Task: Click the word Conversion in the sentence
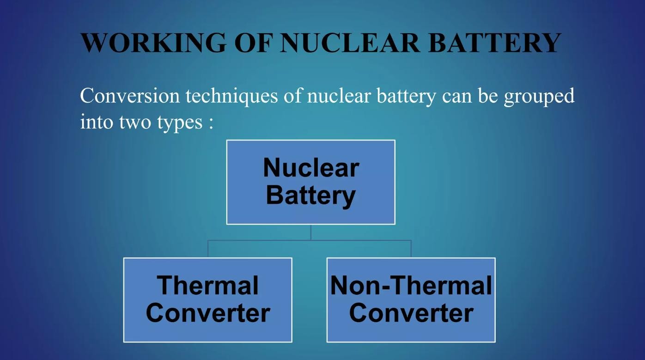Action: coord(130,96)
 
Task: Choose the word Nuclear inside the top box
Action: coord(311,167)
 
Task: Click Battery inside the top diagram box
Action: coord(311,195)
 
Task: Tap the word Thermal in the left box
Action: coord(207,285)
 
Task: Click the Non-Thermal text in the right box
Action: coord(411,285)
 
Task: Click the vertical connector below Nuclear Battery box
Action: coord(311,232)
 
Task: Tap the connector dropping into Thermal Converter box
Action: coord(208,249)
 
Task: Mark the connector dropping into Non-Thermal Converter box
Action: coord(411,249)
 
